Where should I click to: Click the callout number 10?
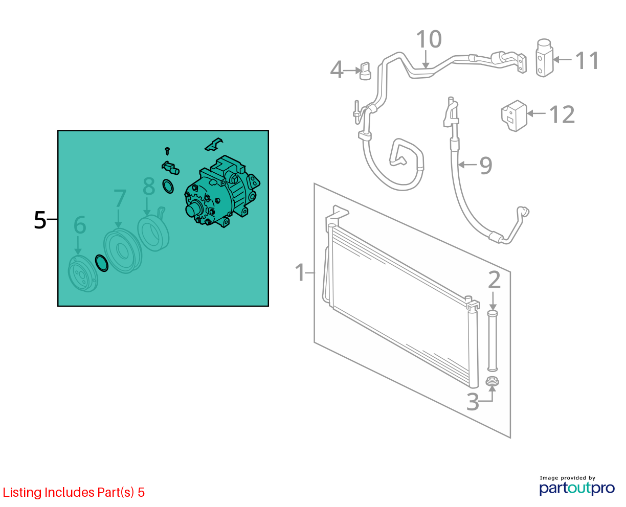coord(429,39)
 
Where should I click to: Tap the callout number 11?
coord(587,60)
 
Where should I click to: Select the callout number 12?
coord(562,114)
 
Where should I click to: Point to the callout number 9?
coord(485,166)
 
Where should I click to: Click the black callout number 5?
coord(40,220)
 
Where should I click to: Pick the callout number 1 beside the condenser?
coord(300,272)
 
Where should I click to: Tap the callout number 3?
coord(473,402)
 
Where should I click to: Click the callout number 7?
coord(120,198)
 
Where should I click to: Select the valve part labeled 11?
coord(544,58)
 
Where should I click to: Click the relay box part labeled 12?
coord(514,116)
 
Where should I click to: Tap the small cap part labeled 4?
coord(365,71)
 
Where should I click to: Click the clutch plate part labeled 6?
coord(83,274)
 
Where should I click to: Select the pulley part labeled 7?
coord(123,250)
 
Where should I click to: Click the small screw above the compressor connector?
coord(167,151)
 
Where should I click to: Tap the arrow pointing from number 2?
coord(493,300)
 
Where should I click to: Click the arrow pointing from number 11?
coord(562,60)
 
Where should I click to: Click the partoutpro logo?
coord(576,488)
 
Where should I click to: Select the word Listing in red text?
coord(23,493)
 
